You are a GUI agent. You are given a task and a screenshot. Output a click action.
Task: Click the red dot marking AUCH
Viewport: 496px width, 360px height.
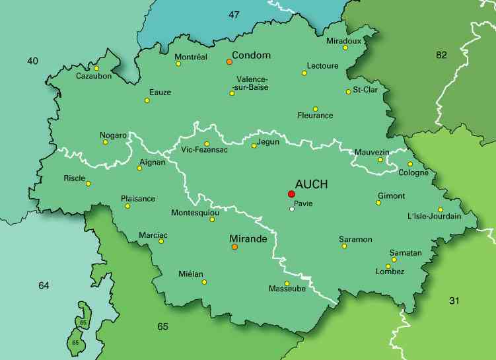point(291,194)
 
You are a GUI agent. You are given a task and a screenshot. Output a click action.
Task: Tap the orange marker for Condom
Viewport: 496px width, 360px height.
point(229,61)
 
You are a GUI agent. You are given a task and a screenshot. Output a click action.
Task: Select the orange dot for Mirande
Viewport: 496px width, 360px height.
point(234,247)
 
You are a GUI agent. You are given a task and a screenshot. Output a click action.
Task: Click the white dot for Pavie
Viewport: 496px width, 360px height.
point(291,209)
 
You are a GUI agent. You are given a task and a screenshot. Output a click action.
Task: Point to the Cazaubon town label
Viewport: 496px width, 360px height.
point(94,75)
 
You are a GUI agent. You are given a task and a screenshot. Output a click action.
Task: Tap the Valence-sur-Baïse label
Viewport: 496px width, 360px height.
point(252,83)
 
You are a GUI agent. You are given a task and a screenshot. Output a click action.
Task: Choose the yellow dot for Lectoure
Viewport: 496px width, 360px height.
point(304,73)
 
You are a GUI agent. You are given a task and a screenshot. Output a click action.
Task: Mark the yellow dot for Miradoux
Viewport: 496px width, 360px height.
point(345,48)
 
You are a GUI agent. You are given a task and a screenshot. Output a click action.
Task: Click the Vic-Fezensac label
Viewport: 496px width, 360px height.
point(204,150)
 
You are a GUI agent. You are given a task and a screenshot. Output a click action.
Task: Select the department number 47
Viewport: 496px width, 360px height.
point(234,14)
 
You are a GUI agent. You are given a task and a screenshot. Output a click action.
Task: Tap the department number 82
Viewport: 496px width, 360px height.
point(441,55)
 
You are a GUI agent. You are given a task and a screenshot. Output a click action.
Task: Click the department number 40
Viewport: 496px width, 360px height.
point(32,61)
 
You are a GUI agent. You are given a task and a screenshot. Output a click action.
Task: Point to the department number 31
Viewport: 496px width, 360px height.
point(454,301)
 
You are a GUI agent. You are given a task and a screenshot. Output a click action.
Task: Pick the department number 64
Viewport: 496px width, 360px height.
point(44,285)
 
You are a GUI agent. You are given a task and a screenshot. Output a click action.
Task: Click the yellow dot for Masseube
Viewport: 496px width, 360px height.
point(287,283)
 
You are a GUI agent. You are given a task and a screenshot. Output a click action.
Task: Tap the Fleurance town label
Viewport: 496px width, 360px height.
point(315,116)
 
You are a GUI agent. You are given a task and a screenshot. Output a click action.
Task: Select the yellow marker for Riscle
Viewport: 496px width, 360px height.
point(88,184)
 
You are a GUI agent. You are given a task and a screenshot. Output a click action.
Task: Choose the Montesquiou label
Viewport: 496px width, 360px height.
point(195,213)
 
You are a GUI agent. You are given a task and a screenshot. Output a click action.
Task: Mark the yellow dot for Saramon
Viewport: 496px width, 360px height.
point(344,246)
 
